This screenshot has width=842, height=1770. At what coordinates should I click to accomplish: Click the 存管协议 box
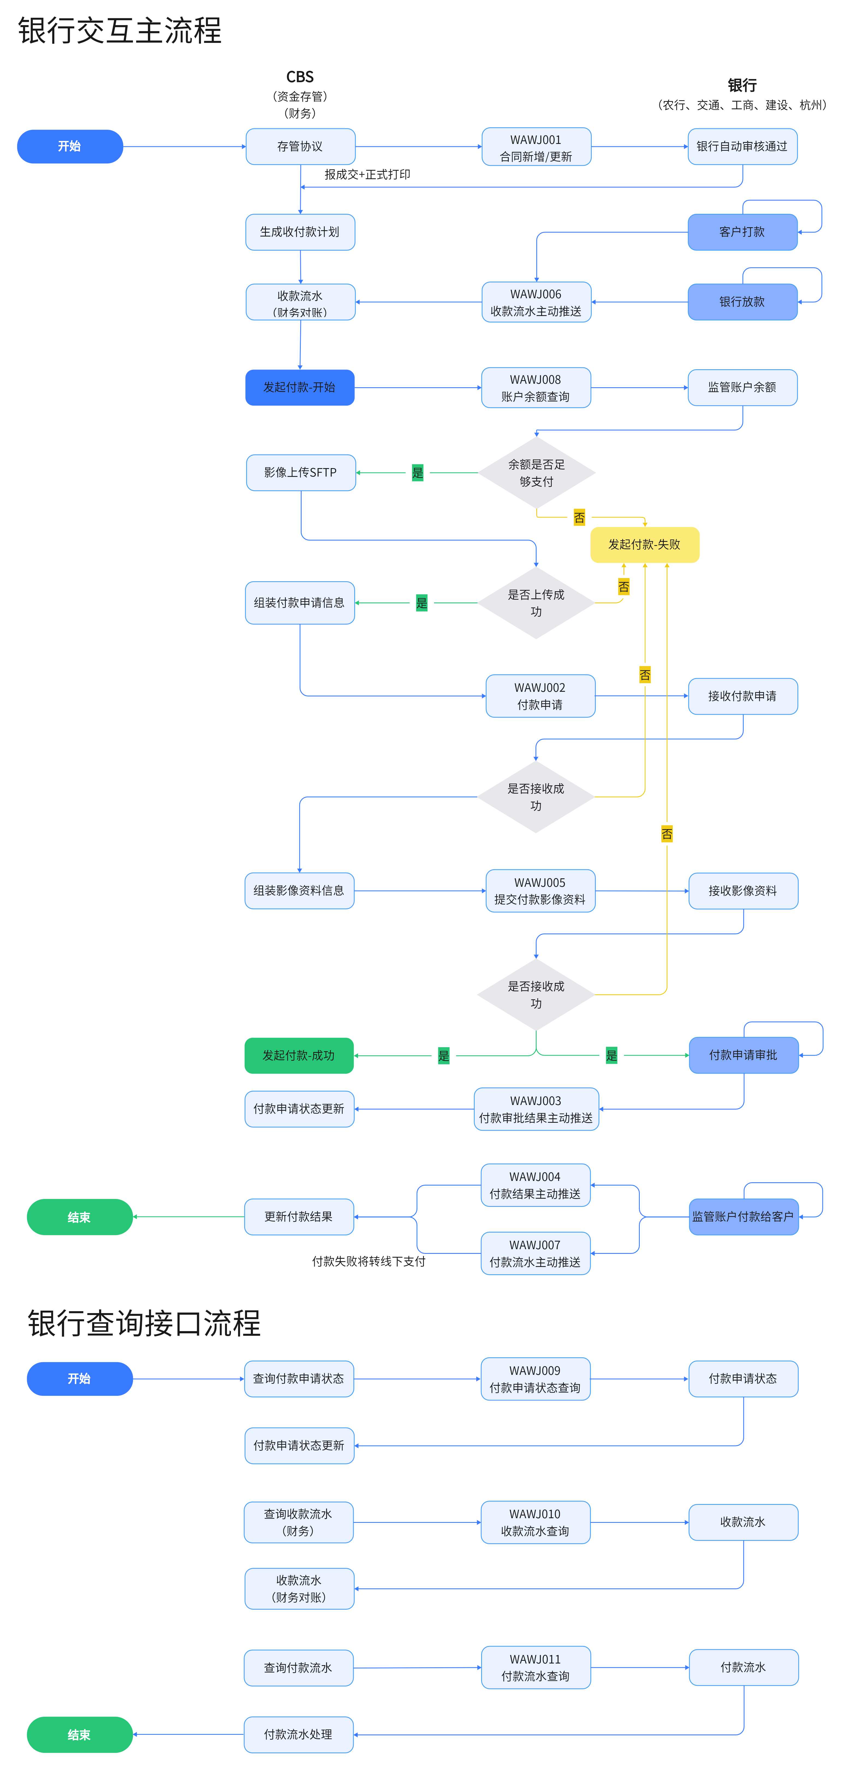point(300,146)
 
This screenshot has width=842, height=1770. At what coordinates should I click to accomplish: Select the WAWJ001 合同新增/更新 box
point(536,147)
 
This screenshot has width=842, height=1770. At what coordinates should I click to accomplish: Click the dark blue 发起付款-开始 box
point(299,388)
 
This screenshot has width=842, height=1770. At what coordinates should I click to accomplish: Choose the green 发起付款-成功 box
point(299,1055)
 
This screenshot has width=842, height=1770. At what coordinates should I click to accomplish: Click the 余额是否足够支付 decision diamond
point(536,473)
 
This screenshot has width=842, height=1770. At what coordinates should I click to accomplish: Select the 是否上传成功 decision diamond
point(536,602)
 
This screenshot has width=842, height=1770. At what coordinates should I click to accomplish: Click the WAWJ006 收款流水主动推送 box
point(536,302)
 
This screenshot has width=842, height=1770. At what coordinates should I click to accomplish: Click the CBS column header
point(300,77)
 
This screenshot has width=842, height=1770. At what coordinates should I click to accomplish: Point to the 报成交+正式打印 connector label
point(367,175)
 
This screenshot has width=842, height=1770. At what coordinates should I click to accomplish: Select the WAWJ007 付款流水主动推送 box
point(535,1253)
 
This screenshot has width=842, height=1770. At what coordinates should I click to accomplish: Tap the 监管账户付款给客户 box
point(743,1217)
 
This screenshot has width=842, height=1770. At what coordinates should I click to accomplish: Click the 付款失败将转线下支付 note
point(369,1261)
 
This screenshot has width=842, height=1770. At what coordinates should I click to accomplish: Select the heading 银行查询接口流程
point(144,1323)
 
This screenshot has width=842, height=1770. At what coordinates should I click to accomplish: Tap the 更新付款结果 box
point(299,1217)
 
